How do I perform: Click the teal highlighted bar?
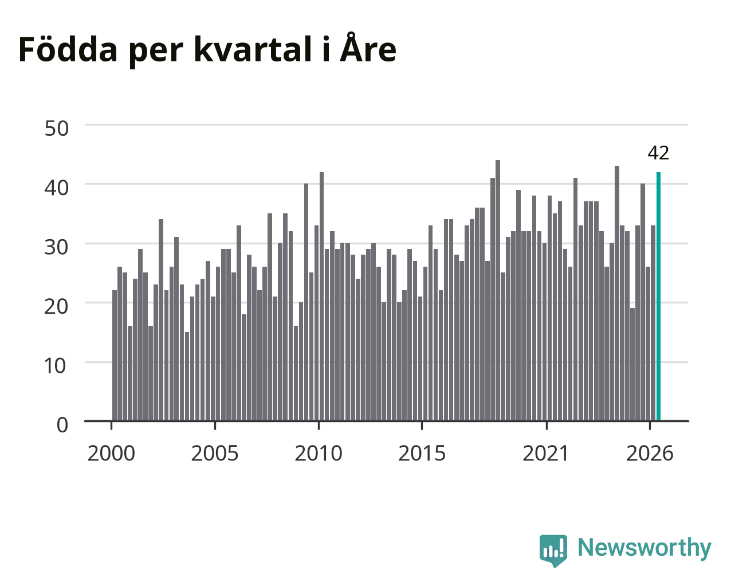[658, 297]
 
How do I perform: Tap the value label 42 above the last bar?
[658, 153]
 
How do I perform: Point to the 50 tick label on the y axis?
[56, 128]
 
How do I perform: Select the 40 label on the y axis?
[56, 188]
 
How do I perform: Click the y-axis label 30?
[56, 248]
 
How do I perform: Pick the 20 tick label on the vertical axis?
[56, 307]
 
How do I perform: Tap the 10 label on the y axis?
[55, 366]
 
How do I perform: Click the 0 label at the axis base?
[62, 425]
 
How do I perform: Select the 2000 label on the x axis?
[111, 454]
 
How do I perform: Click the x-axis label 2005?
[215, 454]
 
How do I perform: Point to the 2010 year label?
[319, 454]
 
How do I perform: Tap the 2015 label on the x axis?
[422, 454]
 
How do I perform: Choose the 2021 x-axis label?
[545, 454]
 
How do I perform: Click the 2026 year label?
[650, 454]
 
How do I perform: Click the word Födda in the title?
[68, 49]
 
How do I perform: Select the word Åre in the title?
[368, 48]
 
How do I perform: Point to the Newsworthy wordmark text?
[644, 547]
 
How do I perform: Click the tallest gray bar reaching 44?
[498, 290]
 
